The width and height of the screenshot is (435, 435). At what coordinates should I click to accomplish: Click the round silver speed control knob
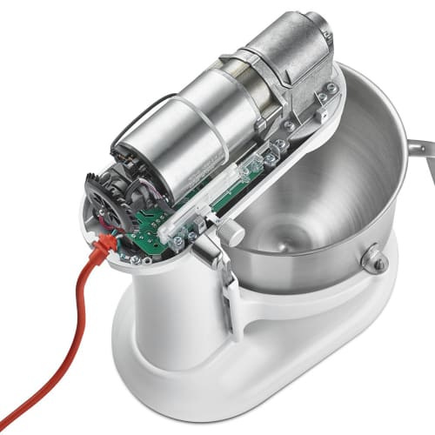[231, 233]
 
